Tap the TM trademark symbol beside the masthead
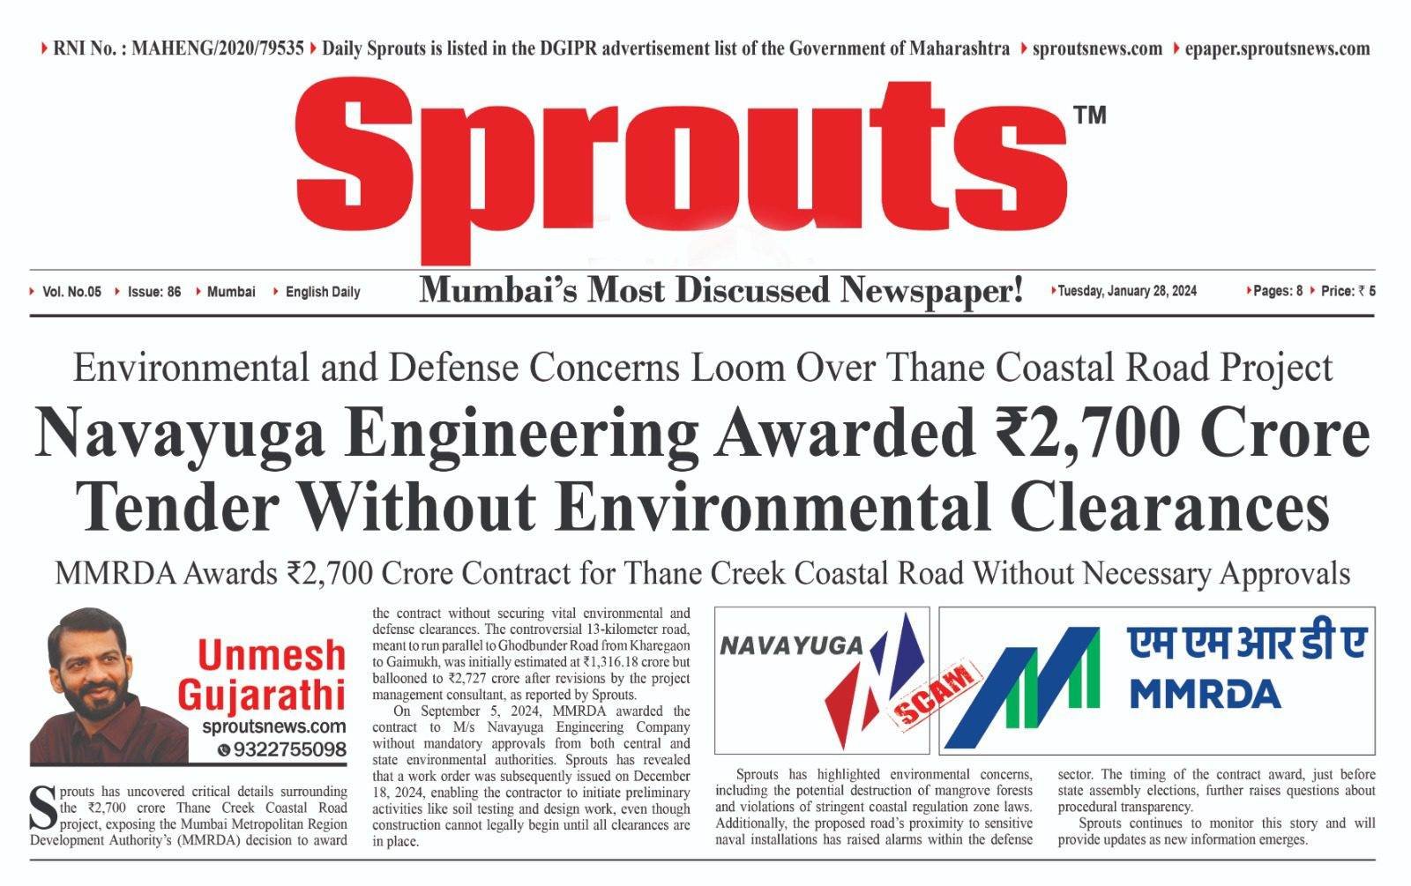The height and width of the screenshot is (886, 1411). tap(1089, 115)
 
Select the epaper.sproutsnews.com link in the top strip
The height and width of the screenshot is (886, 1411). tap(1277, 48)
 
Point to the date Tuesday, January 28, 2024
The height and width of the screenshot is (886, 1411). tap(1126, 291)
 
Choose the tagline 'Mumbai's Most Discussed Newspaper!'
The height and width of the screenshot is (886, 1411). tap(720, 289)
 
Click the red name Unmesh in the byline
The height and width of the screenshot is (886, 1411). tap(272, 656)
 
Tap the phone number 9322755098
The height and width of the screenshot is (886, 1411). tap(288, 749)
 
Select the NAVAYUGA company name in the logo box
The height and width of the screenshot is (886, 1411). tap(791, 645)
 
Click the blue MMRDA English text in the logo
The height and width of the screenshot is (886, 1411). tap(1205, 693)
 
